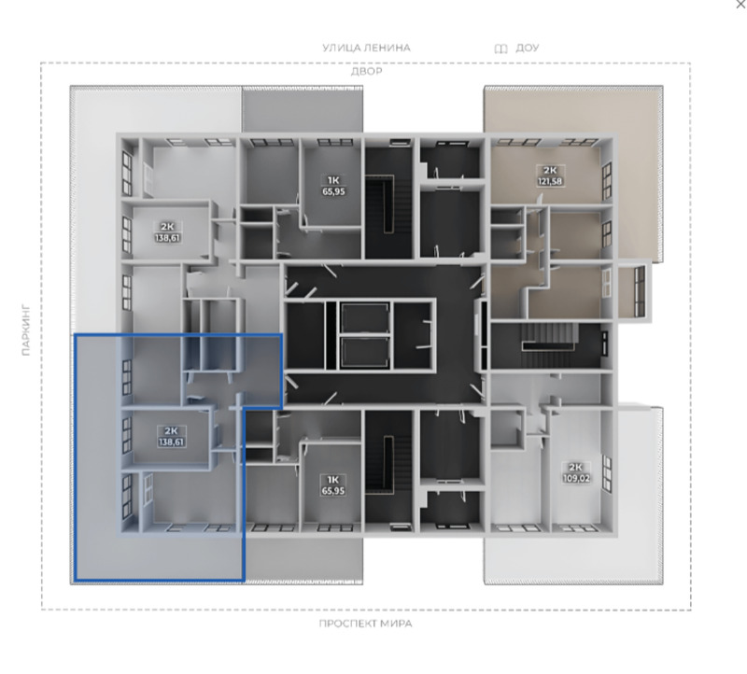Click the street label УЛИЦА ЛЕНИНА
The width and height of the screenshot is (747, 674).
[366, 48]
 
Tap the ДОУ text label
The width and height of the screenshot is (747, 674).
[528, 49]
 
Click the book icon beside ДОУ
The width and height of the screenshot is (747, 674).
[500, 49]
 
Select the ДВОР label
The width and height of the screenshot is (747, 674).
[366, 72]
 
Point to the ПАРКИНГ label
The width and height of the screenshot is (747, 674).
[26, 330]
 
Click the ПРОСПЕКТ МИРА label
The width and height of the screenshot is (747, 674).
[365, 624]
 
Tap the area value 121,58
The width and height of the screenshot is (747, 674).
[550, 181]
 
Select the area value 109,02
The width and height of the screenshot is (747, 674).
[576, 478]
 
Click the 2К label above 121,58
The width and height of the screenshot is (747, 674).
[550, 171]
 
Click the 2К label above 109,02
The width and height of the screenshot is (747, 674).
[575, 468]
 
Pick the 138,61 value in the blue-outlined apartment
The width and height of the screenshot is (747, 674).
[171, 442]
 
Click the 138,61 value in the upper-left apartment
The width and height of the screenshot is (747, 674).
[167, 238]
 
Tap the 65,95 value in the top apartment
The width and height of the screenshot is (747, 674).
[333, 191]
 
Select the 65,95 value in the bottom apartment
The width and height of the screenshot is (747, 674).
[333, 491]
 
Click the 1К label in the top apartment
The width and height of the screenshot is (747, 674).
[333, 180]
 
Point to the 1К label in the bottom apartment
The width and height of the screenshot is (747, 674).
[332, 480]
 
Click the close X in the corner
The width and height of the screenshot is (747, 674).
[740, 4]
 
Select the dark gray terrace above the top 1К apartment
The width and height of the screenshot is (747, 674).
[302, 108]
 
